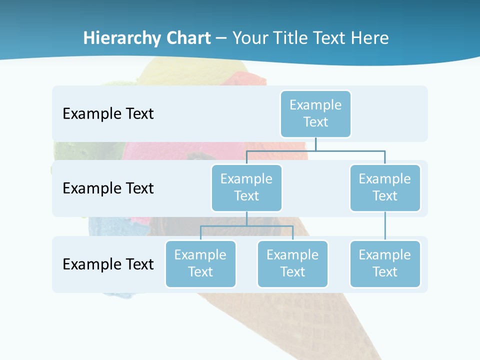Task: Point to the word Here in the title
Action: (x=369, y=38)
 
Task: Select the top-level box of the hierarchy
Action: (x=315, y=114)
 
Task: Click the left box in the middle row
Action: (x=246, y=188)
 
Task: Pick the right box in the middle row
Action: (x=385, y=188)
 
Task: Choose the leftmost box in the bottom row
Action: (x=200, y=264)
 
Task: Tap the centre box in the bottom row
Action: (x=292, y=264)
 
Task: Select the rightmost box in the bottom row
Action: (x=385, y=264)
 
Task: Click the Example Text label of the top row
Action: (x=108, y=114)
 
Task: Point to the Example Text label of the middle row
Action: (x=108, y=188)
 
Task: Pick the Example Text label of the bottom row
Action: (x=108, y=264)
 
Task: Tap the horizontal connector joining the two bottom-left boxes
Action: (x=246, y=226)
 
